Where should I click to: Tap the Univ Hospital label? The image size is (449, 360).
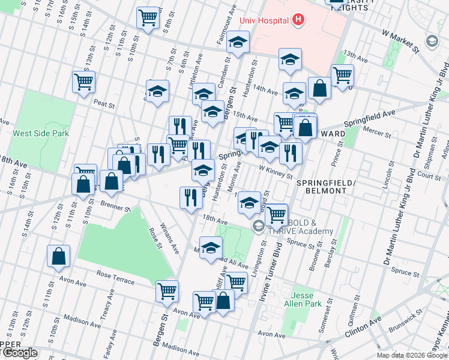point(265,20)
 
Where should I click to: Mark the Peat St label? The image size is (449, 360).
point(104,104)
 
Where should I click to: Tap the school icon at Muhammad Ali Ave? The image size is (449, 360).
point(211,248)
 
